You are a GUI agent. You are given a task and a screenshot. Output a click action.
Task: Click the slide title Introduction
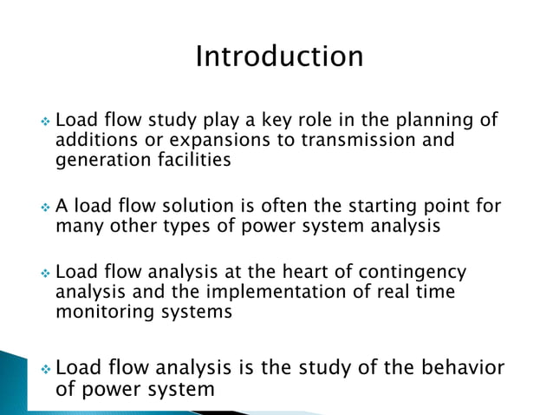pyautogui.click(x=279, y=56)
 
